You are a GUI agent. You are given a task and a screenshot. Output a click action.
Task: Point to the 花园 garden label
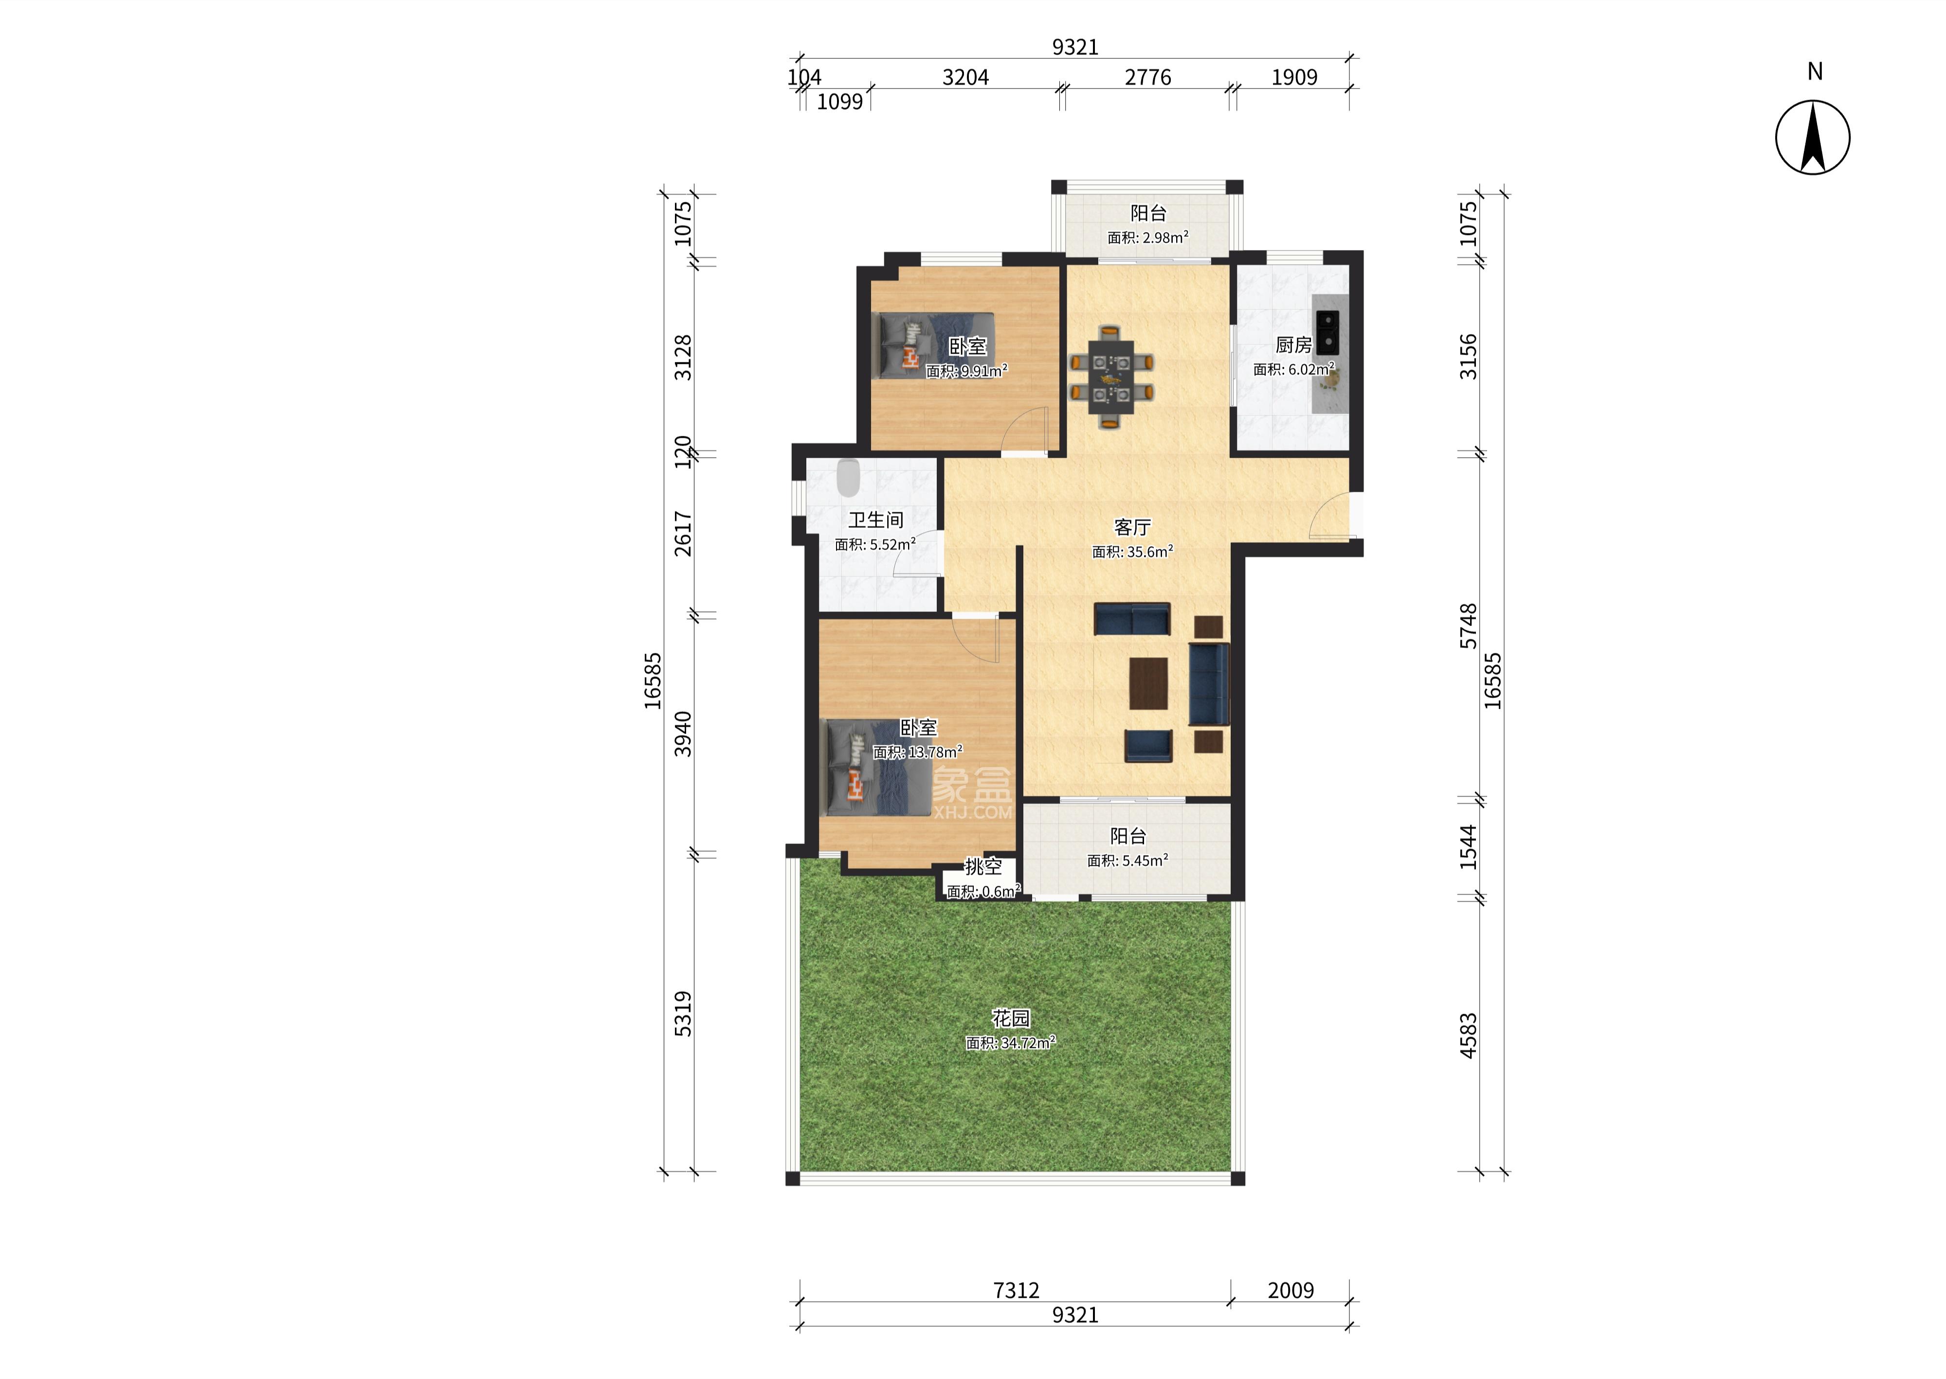click(1011, 1018)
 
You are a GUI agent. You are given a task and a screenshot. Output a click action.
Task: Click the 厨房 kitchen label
click(1293, 345)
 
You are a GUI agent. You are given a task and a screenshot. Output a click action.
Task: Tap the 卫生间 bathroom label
click(876, 519)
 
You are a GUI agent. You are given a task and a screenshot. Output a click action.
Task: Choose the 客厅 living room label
click(1132, 527)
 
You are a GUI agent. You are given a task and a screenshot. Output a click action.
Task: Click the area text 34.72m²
click(1028, 1043)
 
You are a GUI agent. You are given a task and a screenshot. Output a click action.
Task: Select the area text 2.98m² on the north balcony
click(1165, 238)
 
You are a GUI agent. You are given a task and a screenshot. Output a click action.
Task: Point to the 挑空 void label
click(983, 867)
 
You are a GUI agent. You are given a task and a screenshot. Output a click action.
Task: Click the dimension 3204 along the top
click(966, 77)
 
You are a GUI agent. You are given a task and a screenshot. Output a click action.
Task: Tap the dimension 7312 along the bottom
click(1016, 1290)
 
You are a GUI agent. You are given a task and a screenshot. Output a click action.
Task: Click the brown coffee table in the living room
click(1149, 683)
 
